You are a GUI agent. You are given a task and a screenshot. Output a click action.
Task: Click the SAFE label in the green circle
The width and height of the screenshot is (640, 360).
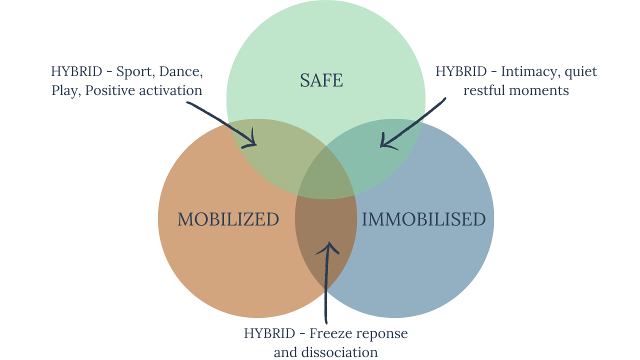point(321,80)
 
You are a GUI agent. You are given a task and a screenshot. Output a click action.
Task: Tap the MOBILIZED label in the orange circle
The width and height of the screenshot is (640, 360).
point(228,219)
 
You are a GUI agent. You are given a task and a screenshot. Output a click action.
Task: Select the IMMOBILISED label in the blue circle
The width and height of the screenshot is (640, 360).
point(423,219)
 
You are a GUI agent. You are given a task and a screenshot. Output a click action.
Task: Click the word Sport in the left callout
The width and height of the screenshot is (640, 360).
point(134,71)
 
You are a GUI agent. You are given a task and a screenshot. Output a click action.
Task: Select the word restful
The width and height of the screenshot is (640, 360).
point(483,91)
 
